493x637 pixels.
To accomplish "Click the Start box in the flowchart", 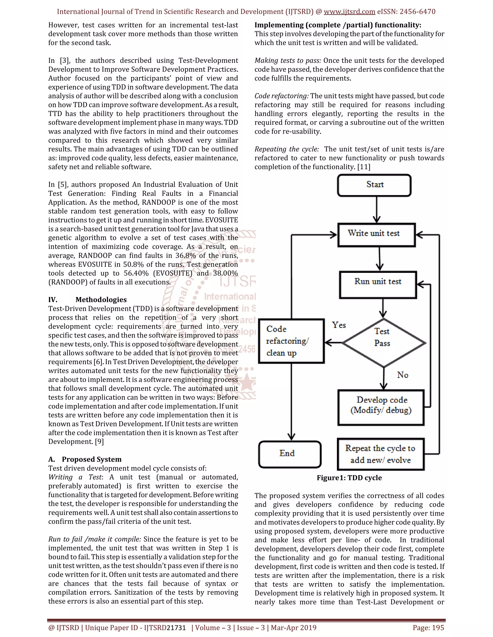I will (374, 185).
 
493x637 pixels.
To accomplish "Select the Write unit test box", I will (376, 235).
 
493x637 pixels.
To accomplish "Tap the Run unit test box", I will (378, 284).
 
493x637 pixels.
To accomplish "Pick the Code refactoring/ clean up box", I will (291, 341).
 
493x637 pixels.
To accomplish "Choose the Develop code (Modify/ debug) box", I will (381, 407).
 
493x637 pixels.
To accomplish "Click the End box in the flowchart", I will (290, 454).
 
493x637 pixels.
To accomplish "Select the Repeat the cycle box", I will (381, 454).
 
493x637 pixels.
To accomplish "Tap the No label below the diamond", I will (402, 375).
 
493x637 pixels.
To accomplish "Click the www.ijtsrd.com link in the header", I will (349, 12).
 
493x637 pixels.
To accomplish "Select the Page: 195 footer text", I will (428, 627).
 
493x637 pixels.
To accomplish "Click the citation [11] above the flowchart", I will (364, 167).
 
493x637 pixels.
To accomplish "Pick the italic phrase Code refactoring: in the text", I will (281, 96).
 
